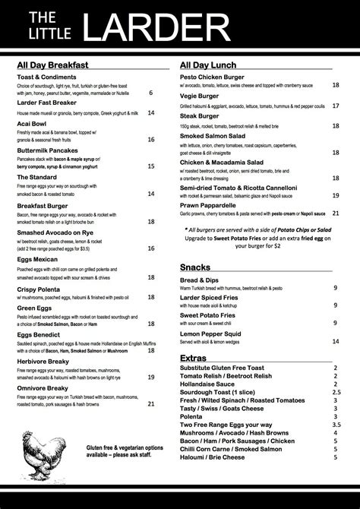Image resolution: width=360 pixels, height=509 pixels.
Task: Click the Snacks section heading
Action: tap(195, 267)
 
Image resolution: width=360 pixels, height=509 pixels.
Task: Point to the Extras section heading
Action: tap(194, 358)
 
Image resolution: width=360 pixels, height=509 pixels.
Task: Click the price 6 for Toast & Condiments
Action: tap(151, 93)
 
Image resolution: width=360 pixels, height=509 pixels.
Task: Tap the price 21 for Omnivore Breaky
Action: tap(151, 404)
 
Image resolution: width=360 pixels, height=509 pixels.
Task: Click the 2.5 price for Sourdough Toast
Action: tap(336, 392)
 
